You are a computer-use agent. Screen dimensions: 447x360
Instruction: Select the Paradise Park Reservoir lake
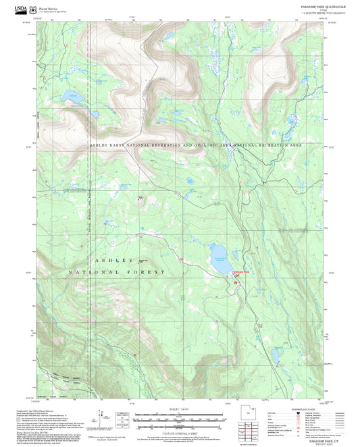tap(220, 261)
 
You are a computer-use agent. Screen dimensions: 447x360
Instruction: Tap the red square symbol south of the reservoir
tap(235, 283)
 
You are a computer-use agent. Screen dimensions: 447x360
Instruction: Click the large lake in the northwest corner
tap(72, 98)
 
